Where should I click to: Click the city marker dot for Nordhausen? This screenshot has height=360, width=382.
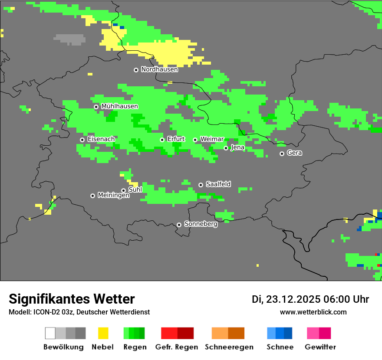[x=136, y=70]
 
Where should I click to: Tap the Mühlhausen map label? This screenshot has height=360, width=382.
[x=119, y=106]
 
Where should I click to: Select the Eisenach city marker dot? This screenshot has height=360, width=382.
[x=82, y=140]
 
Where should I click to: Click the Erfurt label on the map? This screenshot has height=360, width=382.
[x=176, y=139]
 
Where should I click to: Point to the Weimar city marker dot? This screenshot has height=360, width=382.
[x=195, y=140]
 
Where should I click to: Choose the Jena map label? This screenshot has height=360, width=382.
[x=237, y=147]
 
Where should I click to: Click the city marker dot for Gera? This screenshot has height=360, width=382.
[x=282, y=154]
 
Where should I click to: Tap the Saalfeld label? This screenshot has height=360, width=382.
[x=218, y=184]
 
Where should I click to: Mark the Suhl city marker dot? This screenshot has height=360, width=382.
[x=123, y=190]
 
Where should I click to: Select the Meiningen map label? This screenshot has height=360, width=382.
[x=113, y=196]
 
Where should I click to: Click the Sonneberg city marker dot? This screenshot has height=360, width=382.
[x=179, y=225]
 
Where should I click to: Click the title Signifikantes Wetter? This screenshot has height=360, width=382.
[x=72, y=299]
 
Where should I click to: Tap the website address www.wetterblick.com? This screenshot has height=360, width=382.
[x=313, y=312]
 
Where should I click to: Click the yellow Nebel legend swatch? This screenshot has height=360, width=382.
[x=103, y=333]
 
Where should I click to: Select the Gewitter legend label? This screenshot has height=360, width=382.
[x=320, y=347]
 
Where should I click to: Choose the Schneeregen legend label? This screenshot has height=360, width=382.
[x=229, y=347]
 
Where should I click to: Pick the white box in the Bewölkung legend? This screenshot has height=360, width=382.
[x=50, y=333]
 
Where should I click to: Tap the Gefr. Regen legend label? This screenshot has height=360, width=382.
[x=176, y=347]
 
